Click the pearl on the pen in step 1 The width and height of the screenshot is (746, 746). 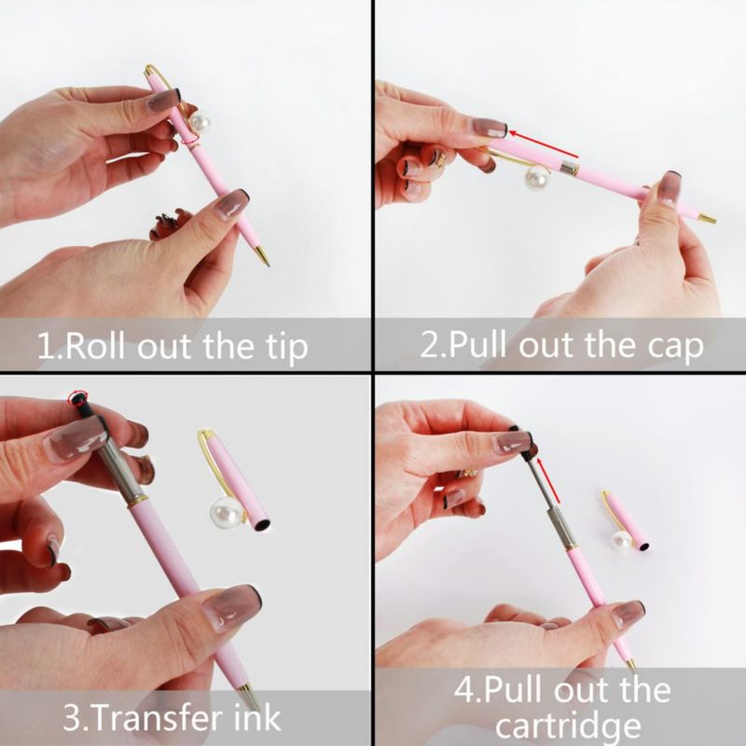click(200, 123)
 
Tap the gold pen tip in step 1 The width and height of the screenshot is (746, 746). click(262, 256)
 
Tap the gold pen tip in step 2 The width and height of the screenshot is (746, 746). click(708, 219)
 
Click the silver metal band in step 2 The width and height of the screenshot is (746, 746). click(570, 167)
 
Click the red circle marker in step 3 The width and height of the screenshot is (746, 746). click(77, 397)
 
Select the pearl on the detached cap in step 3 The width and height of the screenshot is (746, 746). click(225, 512)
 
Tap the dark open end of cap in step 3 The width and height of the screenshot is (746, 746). click(262, 525)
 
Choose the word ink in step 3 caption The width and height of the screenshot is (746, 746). click(257, 717)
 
